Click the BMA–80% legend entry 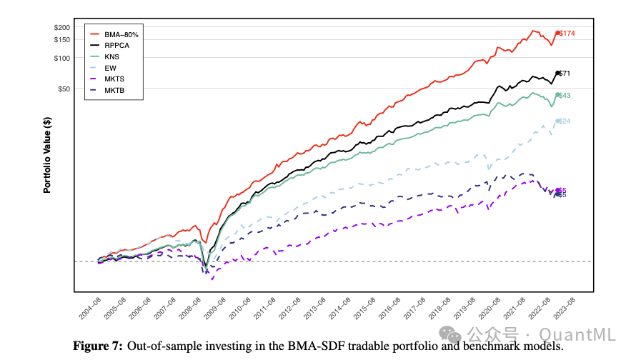tap(121, 34)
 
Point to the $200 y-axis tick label tap(61, 27)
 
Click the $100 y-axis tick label tap(61, 58)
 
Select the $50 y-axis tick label tap(64, 89)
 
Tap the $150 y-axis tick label tap(61, 39)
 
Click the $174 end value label tap(567, 34)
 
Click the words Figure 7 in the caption tap(99, 346)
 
